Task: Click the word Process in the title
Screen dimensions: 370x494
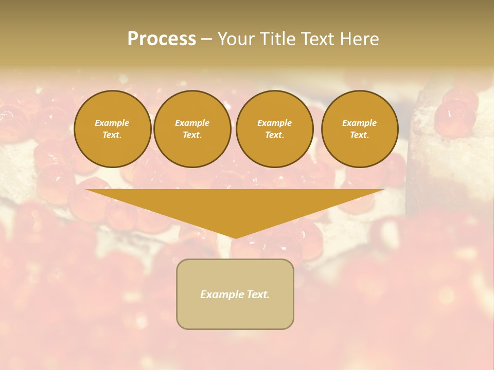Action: click(x=162, y=39)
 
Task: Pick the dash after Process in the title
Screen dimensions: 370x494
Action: click(x=206, y=39)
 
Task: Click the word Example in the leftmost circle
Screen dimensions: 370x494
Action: click(x=112, y=123)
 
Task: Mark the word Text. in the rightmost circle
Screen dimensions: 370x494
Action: click(x=360, y=135)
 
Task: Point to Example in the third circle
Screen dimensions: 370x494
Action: click(x=275, y=123)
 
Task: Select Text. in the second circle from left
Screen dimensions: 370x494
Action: click(x=192, y=135)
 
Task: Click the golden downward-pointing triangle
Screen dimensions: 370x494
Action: click(x=235, y=206)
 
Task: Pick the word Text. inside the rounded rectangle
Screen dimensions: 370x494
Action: click(x=258, y=294)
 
